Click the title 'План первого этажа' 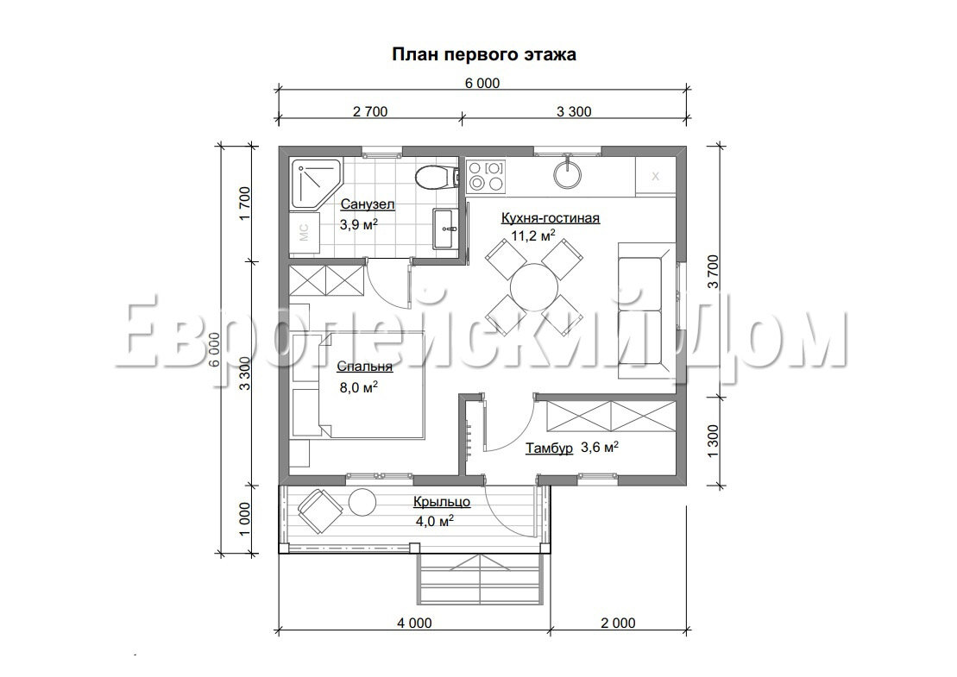click(x=483, y=55)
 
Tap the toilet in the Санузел click(x=436, y=178)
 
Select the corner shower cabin click(x=316, y=185)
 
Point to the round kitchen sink click(x=567, y=172)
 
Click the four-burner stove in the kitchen click(x=487, y=175)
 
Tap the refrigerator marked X click(x=656, y=176)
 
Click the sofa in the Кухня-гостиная click(x=647, y=310)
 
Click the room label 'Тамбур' click(x=550, y=448)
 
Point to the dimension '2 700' click(x=370, y=111)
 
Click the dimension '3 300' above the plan click(x=574, y=111)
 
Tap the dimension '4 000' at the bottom click(x=414, y=624)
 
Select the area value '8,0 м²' click(x=358, y=387)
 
